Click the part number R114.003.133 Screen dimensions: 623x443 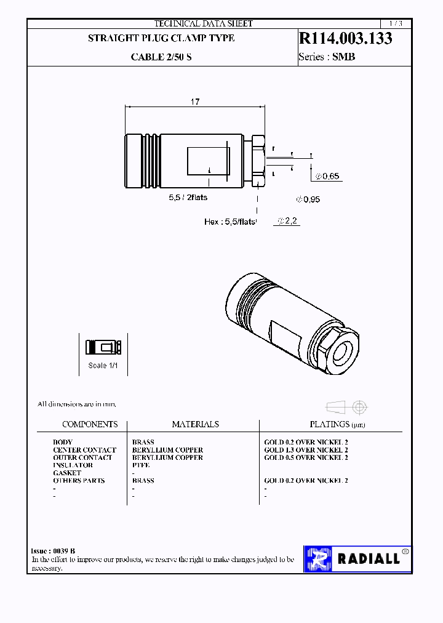click(345, 38)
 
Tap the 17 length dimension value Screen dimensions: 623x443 click(194, 102)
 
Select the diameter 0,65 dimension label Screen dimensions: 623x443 click(327, 176)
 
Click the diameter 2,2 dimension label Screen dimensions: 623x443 click(288, 221)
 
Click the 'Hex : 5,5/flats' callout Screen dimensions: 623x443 click(229, 222)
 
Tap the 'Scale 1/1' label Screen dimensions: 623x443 click(103, 365)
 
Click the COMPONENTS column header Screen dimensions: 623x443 click(90, 424)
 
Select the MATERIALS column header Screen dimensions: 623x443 click(195, 424)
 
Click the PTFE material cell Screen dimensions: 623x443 click(141, 465)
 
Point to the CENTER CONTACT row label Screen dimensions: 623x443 click(84, 450)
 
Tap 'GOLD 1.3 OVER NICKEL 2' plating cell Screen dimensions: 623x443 click(306, 450)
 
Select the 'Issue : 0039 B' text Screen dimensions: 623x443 click(53, 551)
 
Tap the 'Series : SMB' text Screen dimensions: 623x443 click(327, 57)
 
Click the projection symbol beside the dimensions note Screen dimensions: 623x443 click(346, 407)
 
